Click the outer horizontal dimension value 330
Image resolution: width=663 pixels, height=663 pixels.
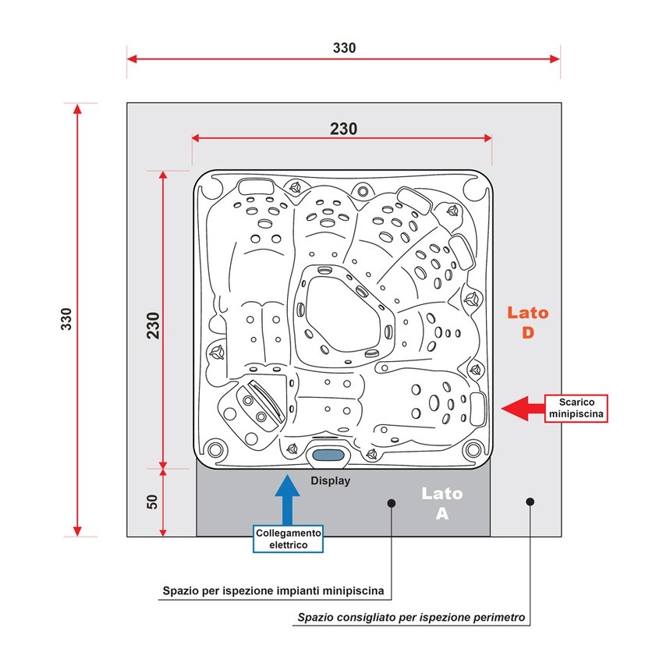click(344, 48)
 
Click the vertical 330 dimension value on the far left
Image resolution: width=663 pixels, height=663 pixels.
click(66, 318)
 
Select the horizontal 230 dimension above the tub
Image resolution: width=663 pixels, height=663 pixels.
click(343, 129)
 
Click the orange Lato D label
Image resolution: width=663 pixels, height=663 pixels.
click(528, 323)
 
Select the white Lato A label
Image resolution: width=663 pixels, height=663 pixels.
click(442, 504)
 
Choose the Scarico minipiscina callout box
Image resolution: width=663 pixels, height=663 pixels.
click(575, 407)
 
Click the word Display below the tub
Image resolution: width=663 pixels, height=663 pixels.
click(331, 480)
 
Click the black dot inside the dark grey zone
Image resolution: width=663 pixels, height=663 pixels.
click(392, 504)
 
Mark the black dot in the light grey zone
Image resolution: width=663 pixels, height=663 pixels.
click(530, 501)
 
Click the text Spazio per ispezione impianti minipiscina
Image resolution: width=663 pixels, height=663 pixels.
click(277, 590)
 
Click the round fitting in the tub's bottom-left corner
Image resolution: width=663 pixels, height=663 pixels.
click(214, 448)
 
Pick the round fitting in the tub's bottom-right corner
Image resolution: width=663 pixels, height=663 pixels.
click(472, 448)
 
